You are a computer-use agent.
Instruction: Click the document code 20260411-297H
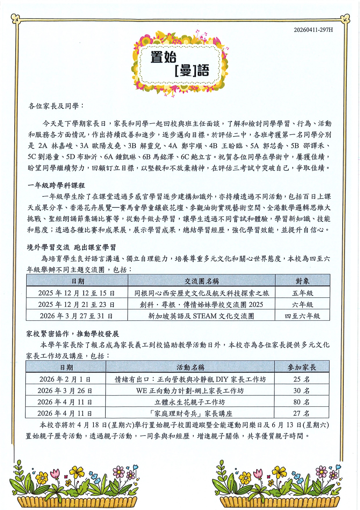(313, 30)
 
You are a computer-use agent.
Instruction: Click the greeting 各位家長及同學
(56, 106)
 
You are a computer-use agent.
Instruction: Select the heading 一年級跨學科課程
(56, 185)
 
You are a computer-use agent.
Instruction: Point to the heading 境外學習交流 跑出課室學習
(71, 247)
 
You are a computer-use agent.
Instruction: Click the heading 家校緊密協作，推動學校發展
(73, 334)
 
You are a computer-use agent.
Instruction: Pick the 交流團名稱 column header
(201, 281)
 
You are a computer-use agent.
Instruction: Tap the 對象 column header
(302, 281)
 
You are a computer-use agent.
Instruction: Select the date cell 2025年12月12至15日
(77, 293)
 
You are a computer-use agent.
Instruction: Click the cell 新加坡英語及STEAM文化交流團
(201, 316)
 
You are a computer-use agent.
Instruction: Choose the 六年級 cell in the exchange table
(302, 305)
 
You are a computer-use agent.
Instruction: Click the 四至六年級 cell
(302, 316)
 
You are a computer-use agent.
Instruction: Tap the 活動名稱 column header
(190, 367)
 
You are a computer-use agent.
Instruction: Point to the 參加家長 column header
(302, 367)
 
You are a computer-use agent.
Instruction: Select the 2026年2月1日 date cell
(65, 379)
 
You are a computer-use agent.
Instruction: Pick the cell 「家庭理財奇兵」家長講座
(190, 413)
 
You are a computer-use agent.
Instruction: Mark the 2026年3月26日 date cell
(65, 391)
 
